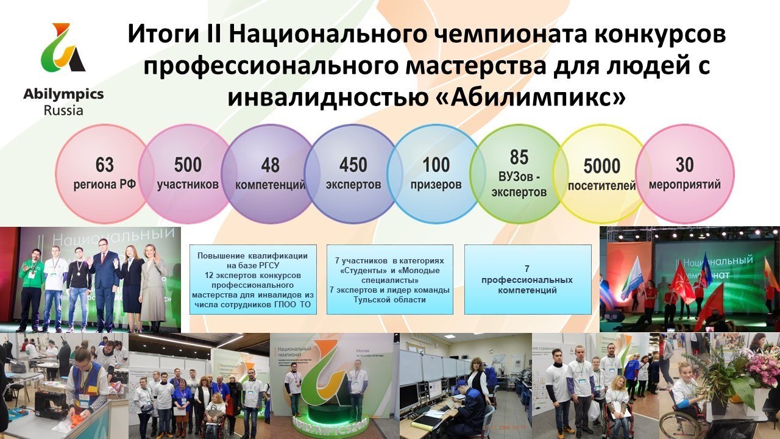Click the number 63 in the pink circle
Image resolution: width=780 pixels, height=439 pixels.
point(105,165)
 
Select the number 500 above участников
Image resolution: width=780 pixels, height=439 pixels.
point(188,165)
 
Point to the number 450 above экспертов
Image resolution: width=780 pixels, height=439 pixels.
point(353,165)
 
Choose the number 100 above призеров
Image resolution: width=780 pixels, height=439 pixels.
point(436,165)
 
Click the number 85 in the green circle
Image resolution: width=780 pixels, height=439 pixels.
point(519,157)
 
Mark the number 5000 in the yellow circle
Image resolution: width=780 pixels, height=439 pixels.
point(601,166)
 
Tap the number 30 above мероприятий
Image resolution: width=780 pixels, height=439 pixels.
point(685,165)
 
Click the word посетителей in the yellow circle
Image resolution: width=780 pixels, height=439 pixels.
point(601,185)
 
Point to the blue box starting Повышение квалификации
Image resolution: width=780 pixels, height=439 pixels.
point(253,279)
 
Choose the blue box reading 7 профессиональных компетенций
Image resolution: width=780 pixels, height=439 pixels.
point(528,279)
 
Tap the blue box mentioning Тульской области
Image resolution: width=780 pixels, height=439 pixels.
point(390,279)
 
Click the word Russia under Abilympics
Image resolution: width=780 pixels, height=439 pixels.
point(63,110)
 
